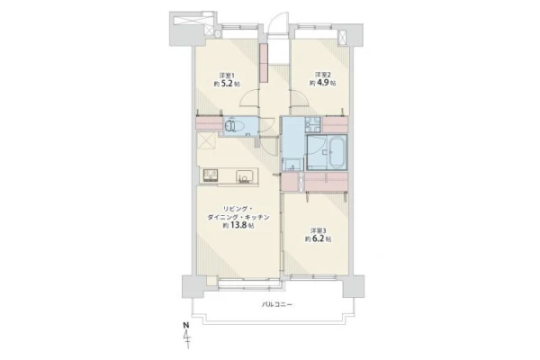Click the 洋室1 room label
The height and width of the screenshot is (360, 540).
pyautogui.click(x=226, y=75)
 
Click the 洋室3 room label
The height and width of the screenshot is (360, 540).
pyautogui.click(x=319, y=230)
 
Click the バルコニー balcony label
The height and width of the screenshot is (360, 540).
pyautogui.click(x=276, y=304)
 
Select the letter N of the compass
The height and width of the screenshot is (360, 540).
pyautogui.click(x=186, y=325)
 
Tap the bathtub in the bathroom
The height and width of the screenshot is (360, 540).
pyautogui.click(x=337, y=152)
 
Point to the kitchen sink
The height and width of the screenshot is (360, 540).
pyautogui.click(x=244, y=176)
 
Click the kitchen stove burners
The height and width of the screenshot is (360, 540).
pyautogui.click(x=210, y=175)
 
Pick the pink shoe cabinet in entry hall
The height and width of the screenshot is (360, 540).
pyautogui.click(x=264, y=63)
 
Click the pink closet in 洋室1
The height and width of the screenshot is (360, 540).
pyautogui.click(x=210, y=123)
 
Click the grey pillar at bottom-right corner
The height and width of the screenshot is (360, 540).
pyautogui.click(x=354, y=286)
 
